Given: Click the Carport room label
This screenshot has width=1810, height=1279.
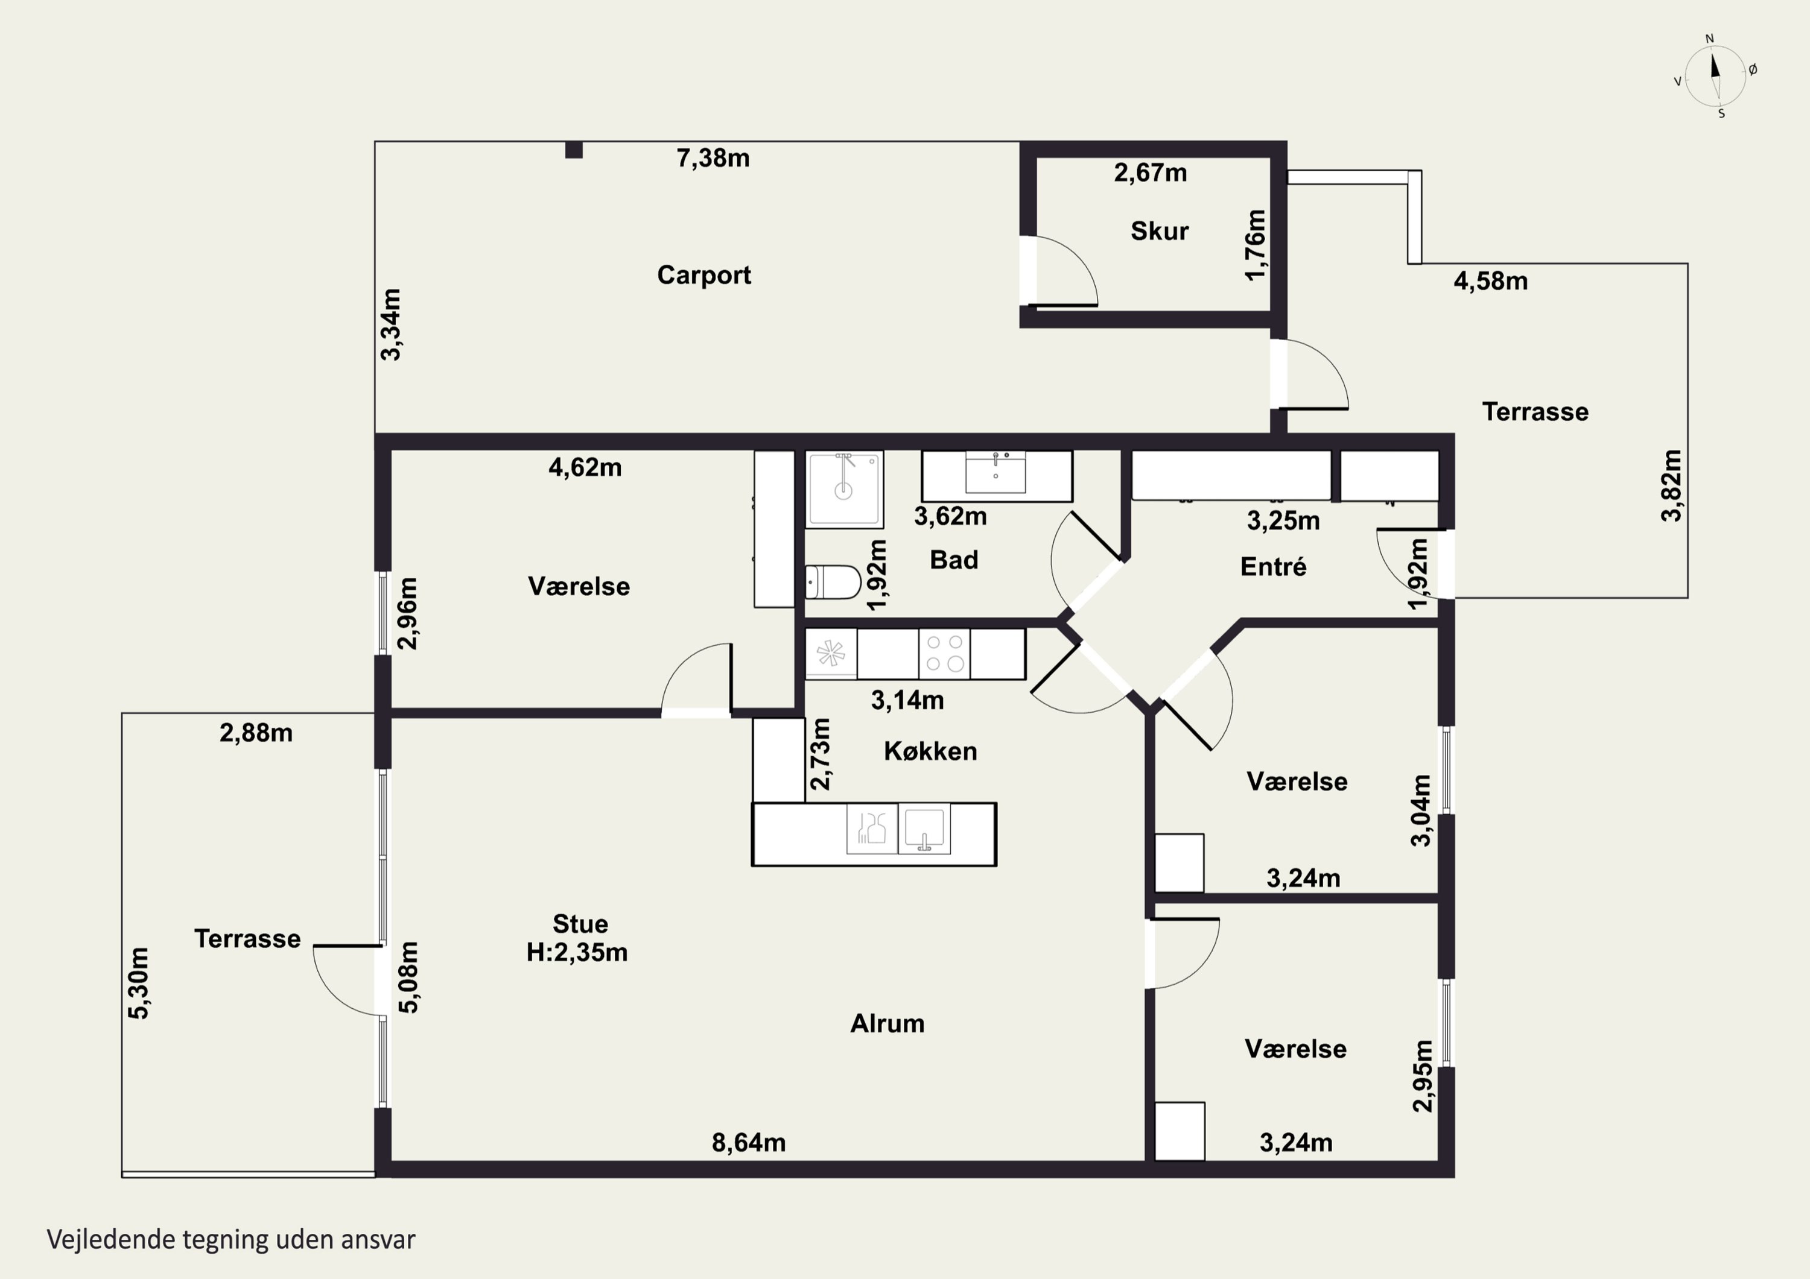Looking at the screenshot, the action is tap(704, 275).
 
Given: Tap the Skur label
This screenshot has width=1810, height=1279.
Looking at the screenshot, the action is tap(1160, 231).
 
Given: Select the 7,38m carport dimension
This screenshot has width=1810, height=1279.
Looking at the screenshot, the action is tap(713, 159).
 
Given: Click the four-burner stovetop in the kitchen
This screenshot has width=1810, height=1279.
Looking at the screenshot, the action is tap(944, 652).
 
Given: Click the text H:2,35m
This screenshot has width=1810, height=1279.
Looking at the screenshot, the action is tap(577, 953).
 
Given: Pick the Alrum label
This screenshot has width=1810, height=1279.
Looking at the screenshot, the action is tap(887, 1024).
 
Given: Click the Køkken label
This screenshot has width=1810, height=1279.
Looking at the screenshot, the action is tap(930, 751).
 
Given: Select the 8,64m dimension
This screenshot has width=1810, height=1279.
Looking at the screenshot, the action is tap(748, 1143).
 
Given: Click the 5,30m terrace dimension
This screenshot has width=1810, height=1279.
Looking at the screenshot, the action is tap(139, 983).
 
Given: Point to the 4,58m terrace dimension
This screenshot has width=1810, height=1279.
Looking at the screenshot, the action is tap(1491, 282).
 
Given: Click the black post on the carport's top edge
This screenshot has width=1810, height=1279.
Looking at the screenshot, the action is tap(574, 150).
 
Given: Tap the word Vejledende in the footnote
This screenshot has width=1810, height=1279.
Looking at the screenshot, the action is tap(110, 1240).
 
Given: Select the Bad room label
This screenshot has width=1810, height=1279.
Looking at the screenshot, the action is tap(954, 560).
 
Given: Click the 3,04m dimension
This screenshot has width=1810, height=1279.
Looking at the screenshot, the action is tap(1421, 810).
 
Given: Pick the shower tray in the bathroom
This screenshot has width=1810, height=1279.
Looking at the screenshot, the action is tap(844, 488).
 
